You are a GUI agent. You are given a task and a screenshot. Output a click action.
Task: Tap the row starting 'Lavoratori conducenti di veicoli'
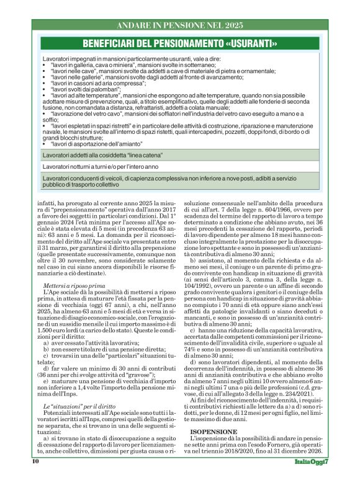coord(180,181)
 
